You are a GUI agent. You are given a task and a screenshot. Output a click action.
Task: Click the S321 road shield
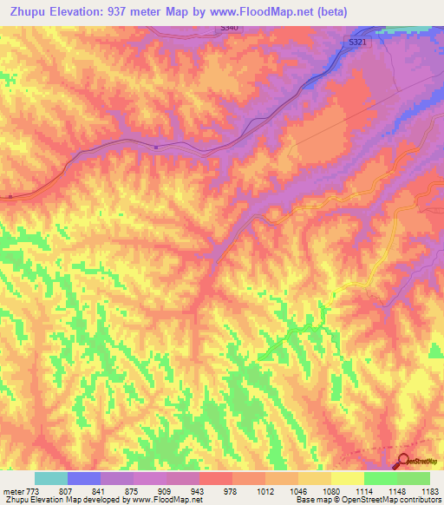pos(358,42)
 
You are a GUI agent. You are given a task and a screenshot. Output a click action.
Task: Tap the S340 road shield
pos(227,29)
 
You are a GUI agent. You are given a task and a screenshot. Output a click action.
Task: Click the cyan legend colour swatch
pos(50,478)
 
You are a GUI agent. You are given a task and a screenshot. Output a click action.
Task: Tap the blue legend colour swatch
pos(83,478)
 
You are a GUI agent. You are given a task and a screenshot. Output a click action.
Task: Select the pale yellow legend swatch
pos(347,478)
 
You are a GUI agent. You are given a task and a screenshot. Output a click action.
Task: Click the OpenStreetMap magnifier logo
pos(403,462)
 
